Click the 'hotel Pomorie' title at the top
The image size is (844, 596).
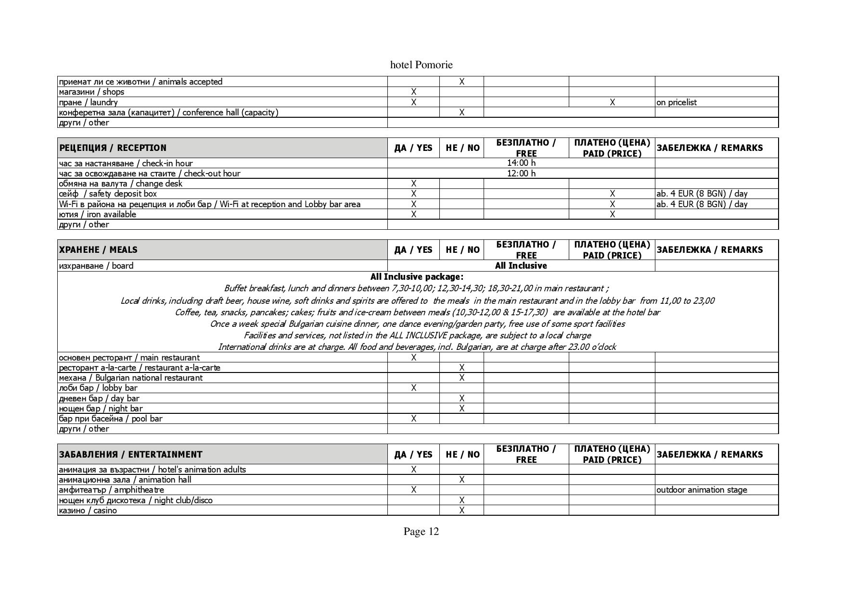pos(421,65)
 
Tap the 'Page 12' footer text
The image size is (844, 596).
pos(421,531)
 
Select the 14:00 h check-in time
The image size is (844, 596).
pos(521,163)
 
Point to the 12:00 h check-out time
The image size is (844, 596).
pos(521,173)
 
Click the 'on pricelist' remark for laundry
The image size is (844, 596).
pos(677,102)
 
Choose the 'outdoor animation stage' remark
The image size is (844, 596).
pos(702,490)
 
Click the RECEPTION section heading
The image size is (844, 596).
pos(113,148)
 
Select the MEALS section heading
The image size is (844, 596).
pos(98,250)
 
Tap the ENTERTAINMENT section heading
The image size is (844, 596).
pos(130,455)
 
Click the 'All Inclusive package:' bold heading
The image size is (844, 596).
pos(417,277)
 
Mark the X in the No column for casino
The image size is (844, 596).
pos(461,510)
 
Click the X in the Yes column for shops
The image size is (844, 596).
pos(413,92)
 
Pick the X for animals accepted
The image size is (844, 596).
pos(461,82)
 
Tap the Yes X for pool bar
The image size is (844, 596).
pos(413,419)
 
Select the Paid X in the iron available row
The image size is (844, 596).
pos(612,214)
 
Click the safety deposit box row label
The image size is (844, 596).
pos(108,194)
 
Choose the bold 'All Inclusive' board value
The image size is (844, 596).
pos(521,266)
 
